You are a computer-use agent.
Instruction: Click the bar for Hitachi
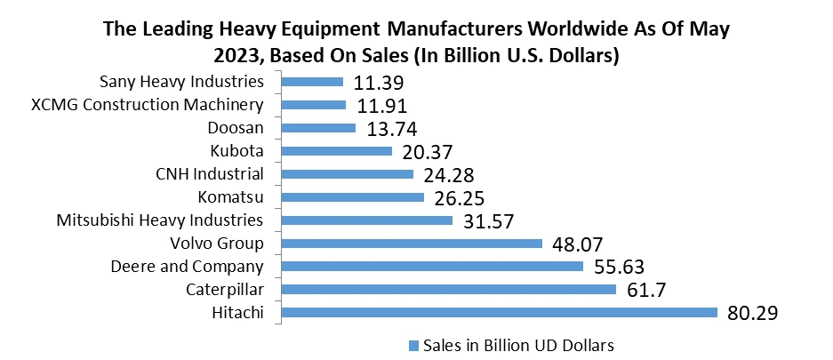(499, 312)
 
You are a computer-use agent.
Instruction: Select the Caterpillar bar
(448, 289)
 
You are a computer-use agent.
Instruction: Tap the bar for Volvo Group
(411, 243)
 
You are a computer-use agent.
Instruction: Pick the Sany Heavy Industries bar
(312, 82)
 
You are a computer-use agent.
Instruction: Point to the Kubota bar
(336, 151)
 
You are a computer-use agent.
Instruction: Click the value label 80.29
(753, 313)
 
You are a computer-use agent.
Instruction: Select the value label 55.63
(619, 267)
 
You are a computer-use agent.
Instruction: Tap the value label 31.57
(489, 220)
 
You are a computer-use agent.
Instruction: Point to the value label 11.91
(382, 106)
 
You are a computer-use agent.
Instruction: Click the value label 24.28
(450, 174)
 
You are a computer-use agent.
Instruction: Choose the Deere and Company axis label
(187, 266)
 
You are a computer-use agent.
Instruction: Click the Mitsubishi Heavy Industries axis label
(159, 220)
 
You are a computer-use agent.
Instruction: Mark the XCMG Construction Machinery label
(147, 105)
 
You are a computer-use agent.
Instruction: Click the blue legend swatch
(413, 344)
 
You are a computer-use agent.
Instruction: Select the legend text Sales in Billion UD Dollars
(519, 344)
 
